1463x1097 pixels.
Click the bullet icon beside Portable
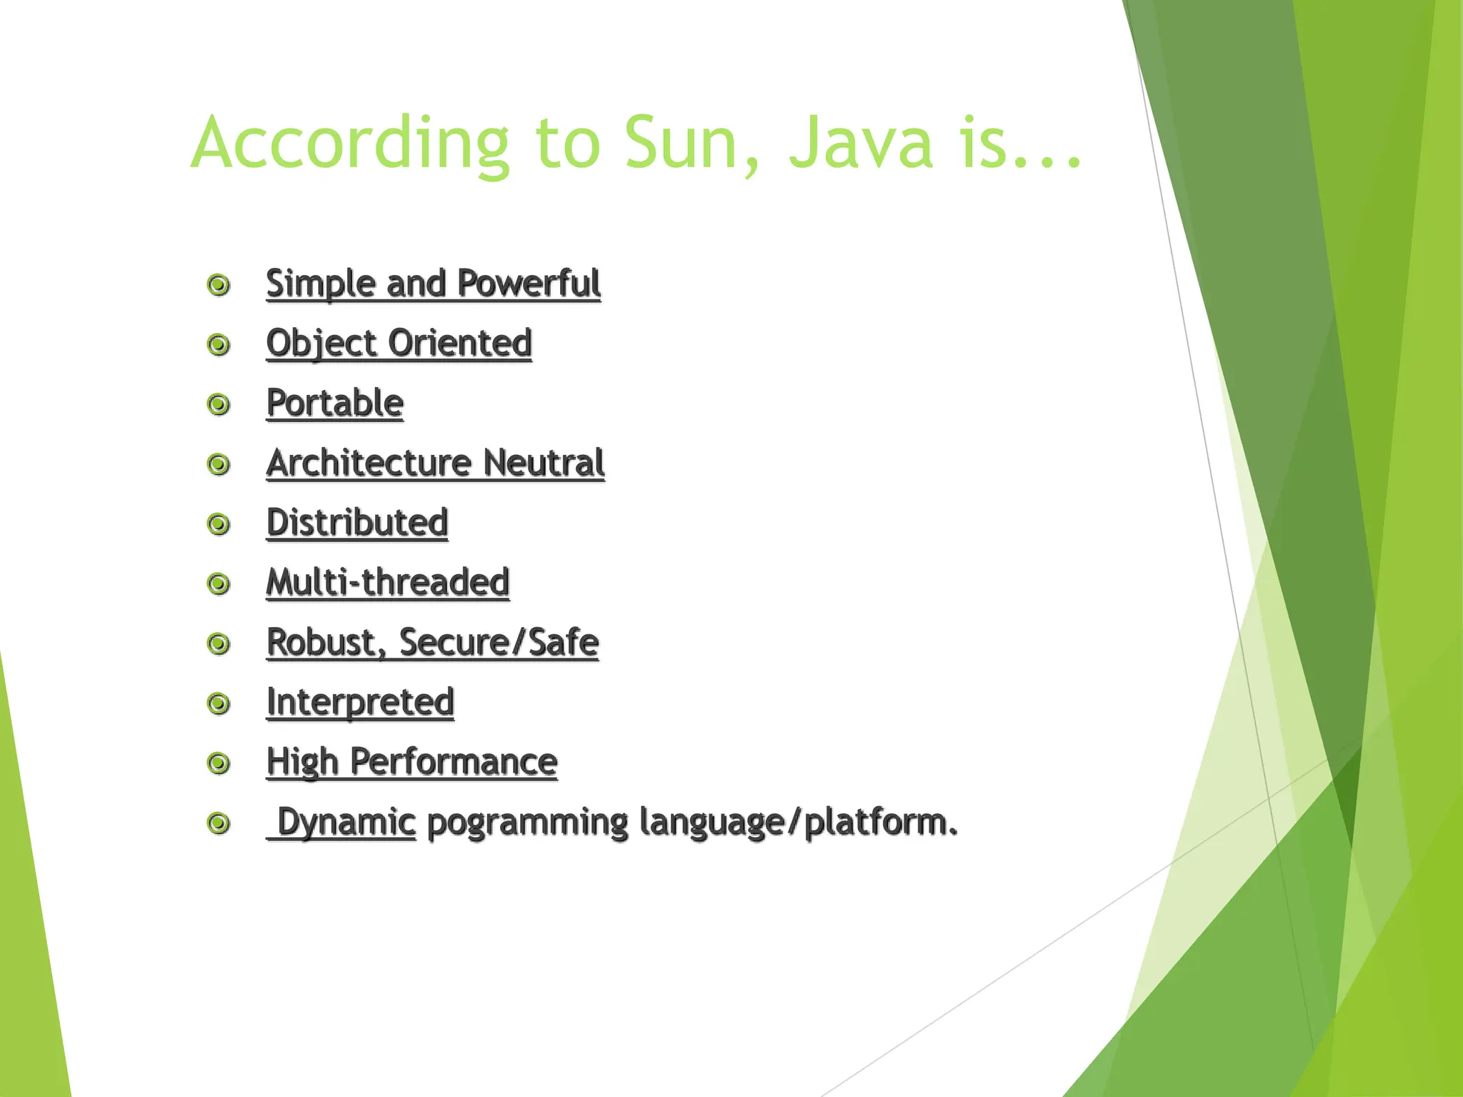pyautogui.click(x=219, y=405)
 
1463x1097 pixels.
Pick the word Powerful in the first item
pyautogui.click(x=529, y=284)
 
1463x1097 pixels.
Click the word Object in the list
pyautogui.click(x=321, y=344)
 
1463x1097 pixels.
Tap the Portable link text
pyautogui.click(x=335, y=404)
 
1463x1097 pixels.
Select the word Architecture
pyautogui.click(x=368, y=463)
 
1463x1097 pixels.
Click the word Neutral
pyautogui.click(x=544, y=463)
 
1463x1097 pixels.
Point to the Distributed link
pyautogui.click(x=357, y=523)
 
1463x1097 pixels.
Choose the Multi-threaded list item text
pyautogui.click(x=388, y=583)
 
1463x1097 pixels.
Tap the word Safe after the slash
pyautogui.click(x=563, y=642)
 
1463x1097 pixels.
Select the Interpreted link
pyautogui.click(x=360, y=702)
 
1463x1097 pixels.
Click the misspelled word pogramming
pyautogui.click(x=527, y=822)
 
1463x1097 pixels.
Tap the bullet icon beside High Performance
pyautogui.click(x=219, y=763)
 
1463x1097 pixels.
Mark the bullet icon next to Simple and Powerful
pyautogui.click(x=219, y=285)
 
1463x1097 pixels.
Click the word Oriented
pyautogui.click(x=460, y=344)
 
